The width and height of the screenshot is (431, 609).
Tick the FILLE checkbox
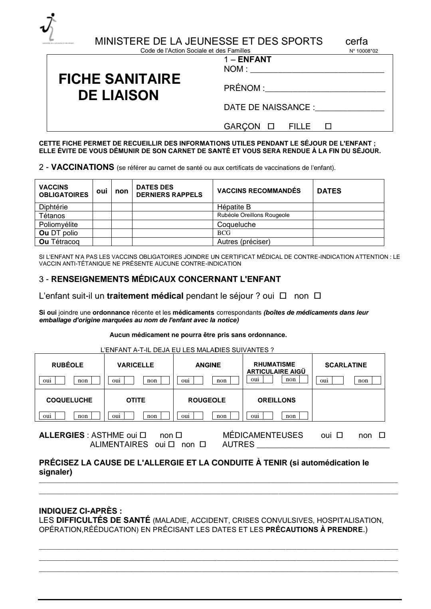click(x=328, y=127)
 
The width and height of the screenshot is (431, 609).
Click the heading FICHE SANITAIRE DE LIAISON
click(x=119, y=87)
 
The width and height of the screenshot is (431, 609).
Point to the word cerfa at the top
click(x=357, y=41)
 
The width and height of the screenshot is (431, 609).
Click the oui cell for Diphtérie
click(x=102, y=207)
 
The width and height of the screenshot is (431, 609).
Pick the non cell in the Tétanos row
click(x=121, y=216)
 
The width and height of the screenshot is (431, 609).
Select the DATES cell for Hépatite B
click(x=348, y=207)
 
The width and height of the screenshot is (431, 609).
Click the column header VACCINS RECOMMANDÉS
click(x=259, y=191)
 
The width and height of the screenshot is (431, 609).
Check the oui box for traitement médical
click(x=283, y=296)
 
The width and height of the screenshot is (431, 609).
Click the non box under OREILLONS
click(x=303, y=416)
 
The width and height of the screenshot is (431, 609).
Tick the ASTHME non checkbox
click(x=179, y=436)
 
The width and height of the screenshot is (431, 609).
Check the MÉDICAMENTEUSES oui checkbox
click(x=340, y=436)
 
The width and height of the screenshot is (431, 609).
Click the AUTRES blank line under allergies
click(x=322, y=445)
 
